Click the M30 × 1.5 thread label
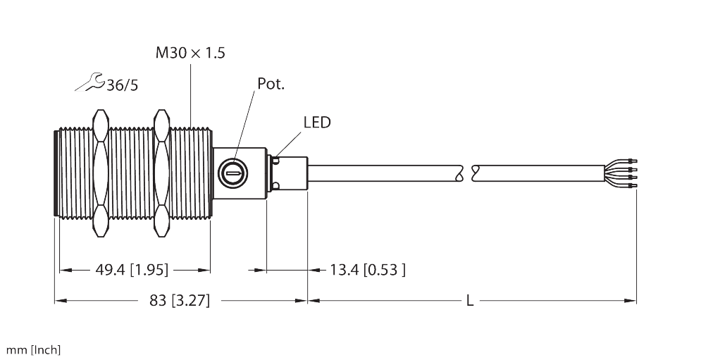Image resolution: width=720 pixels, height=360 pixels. pyautogui.click(x=190, y=53)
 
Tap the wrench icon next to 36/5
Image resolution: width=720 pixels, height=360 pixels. pyautogui.click(x=89, y=82)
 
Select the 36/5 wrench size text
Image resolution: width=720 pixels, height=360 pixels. pyautogui.click(x=122, y=85)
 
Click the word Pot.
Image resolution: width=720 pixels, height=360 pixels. pyautogui.click(x=270, y=85)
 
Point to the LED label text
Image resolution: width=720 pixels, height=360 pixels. pyautogui.click(x=316, y=123)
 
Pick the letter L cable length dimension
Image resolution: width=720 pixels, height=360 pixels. pyautogui.click(x=470, y=301)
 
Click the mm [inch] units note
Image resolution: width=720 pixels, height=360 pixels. pyautogui.click(x=33, y=350)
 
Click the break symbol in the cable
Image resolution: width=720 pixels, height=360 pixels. pyautogui.click(x=467, y=171)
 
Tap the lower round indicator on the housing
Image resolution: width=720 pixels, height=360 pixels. pyautogui.click(x=275, y=185)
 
